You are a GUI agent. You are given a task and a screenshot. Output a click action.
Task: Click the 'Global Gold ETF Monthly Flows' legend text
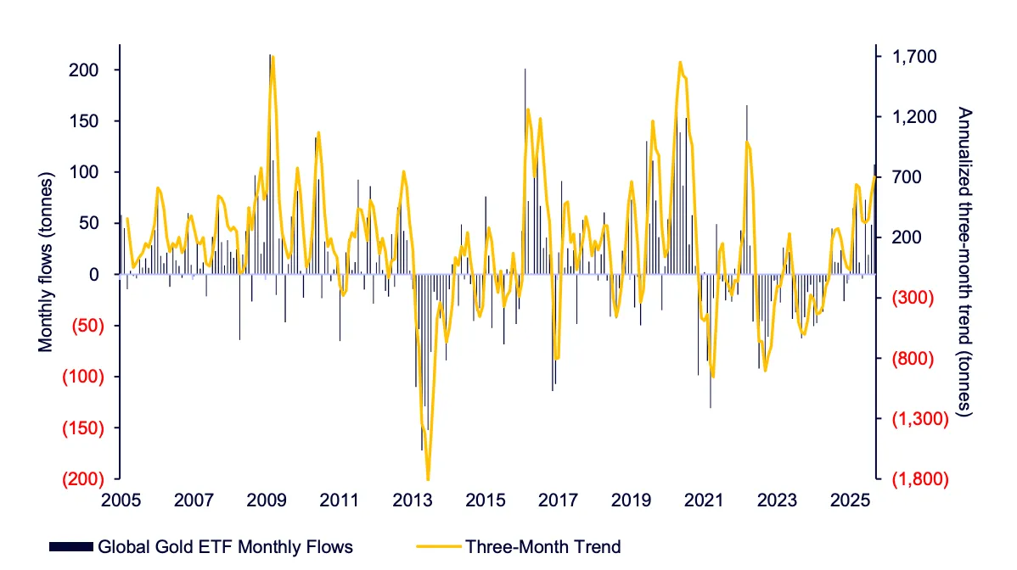(225, 546)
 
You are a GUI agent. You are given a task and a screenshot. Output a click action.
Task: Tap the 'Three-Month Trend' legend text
(543, 546)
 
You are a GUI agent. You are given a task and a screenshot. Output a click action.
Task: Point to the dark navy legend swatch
(71, 546)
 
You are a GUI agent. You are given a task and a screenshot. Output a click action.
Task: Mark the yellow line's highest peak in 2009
(273, 57)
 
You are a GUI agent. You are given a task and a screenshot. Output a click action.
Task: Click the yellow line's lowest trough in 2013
(429, 480)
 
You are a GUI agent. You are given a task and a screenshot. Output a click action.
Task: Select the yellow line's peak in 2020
(680, 62)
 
